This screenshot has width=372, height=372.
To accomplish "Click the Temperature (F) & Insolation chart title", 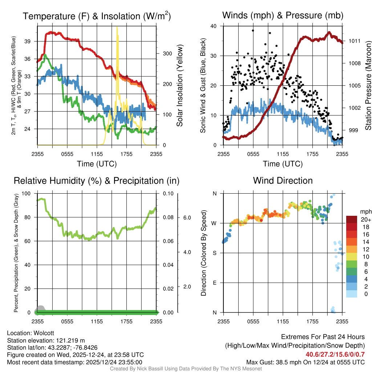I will point(97,16).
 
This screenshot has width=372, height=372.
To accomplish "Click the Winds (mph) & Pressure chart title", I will point(283,16).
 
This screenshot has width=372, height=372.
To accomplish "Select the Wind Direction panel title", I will point(283,181).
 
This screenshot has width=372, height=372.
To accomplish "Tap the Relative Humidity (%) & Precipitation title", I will point(97,181).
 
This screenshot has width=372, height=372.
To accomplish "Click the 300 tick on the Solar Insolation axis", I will point(166,53).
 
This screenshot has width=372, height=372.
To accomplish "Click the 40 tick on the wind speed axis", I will point(214,26).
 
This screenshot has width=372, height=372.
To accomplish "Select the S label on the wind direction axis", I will point(215,253).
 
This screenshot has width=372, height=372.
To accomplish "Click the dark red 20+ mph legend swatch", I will point(352,219).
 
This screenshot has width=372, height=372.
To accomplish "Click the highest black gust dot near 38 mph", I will point(253,31).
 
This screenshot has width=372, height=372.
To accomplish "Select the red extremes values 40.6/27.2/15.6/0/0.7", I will point(335,354).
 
